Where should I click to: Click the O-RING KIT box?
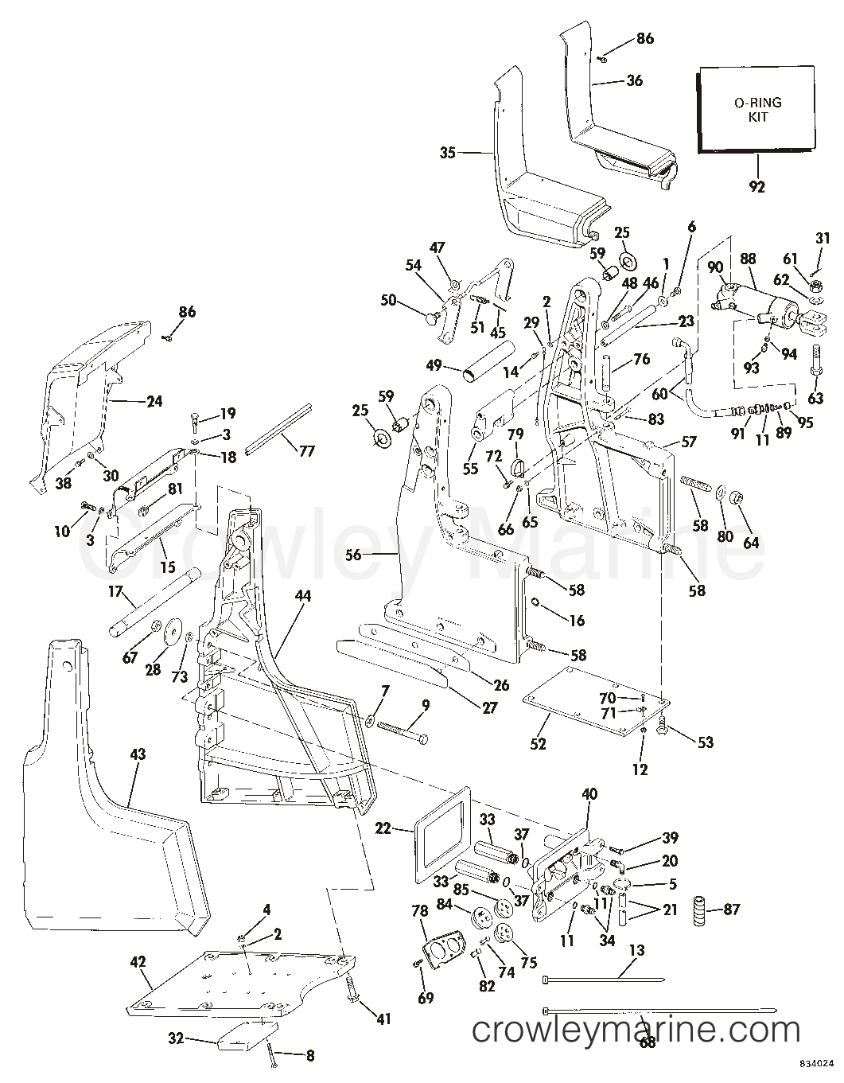point(756,109)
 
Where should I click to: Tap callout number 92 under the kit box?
point(756,188)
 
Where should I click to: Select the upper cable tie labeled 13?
point(605,978)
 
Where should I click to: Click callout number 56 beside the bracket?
point(352,555)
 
